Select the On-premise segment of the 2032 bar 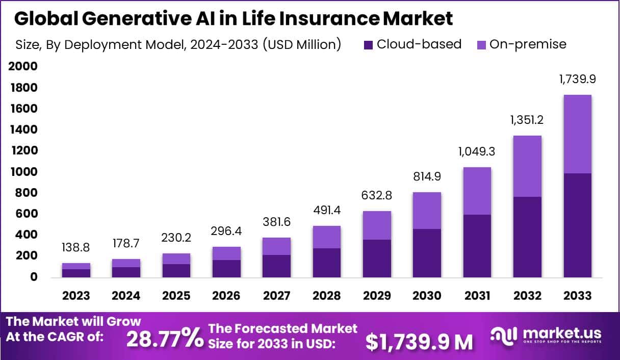(x=527, y=166)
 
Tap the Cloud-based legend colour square (x=369, y=45)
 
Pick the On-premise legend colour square (x=481, y=45)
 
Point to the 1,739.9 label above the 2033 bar (x=577, y=80)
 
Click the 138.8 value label (x=76, y=248)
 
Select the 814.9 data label (x=427, y=176)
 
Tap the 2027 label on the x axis (x=277, y=296)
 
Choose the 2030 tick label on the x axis (x=427, y=296)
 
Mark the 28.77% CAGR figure (x=164, y=339)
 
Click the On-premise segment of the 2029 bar (x=377, y=225)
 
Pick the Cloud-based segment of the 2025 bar (x=176, y=271)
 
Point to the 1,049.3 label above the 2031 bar (x=477, y=151)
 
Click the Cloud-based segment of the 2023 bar (x=76, y=273)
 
